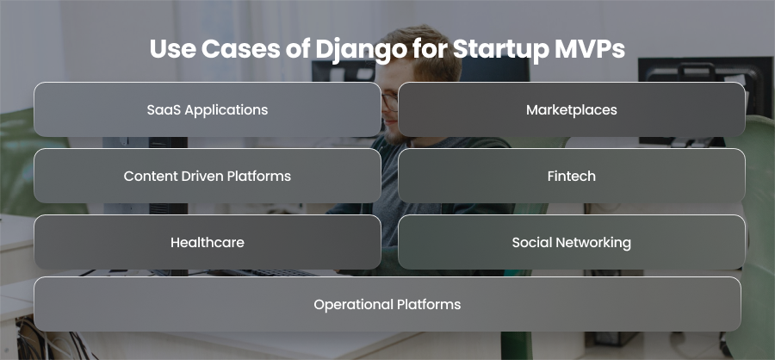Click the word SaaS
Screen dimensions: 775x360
(163, 109)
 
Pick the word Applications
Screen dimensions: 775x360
(226, 110)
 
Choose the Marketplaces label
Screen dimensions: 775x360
(572, 110)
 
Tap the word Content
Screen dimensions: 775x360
(146, 176)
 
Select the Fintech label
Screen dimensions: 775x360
(572, 176)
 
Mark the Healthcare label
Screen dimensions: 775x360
(207, 242)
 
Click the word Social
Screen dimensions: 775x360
(532, 242)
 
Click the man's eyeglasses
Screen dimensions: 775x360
(389, 102)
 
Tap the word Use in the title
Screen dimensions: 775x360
(172, 49)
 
